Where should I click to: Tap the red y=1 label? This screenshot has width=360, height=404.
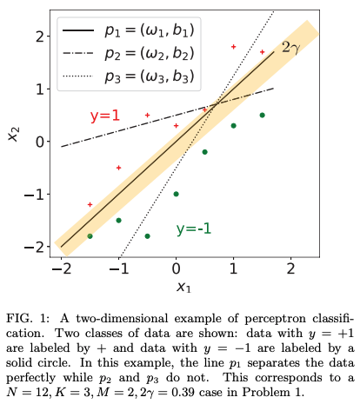(105, 116)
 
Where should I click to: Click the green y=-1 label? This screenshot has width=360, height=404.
(196, 228)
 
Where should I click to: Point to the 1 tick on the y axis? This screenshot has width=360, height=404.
(39, 89)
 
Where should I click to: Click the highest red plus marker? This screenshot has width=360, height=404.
(233, 46)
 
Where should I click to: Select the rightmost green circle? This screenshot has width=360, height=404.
(262, 115)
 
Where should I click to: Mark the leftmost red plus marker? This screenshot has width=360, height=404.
(90, 204)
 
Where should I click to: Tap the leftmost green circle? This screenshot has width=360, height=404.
(90, 235)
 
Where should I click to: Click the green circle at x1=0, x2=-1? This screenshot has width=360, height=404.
(176, 194)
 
